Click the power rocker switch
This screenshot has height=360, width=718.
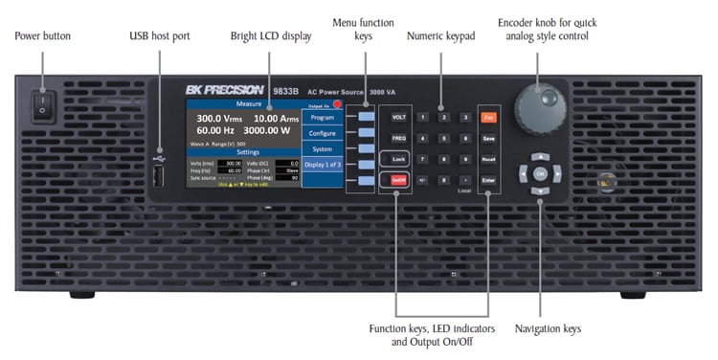coord(41,104)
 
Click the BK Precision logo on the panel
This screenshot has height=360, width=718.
coord(221,90)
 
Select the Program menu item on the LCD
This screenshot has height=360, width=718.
coord(322,118)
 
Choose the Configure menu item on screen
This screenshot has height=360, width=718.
coord(322,134)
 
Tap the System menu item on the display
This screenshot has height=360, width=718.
coord(322,149)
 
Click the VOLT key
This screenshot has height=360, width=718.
coord(398,117)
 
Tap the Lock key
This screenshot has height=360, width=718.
coord(398,159)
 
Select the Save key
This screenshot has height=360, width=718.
coord(488,138)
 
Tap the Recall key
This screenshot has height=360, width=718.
coord(488,159)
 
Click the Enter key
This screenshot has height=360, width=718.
coord(488,180)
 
